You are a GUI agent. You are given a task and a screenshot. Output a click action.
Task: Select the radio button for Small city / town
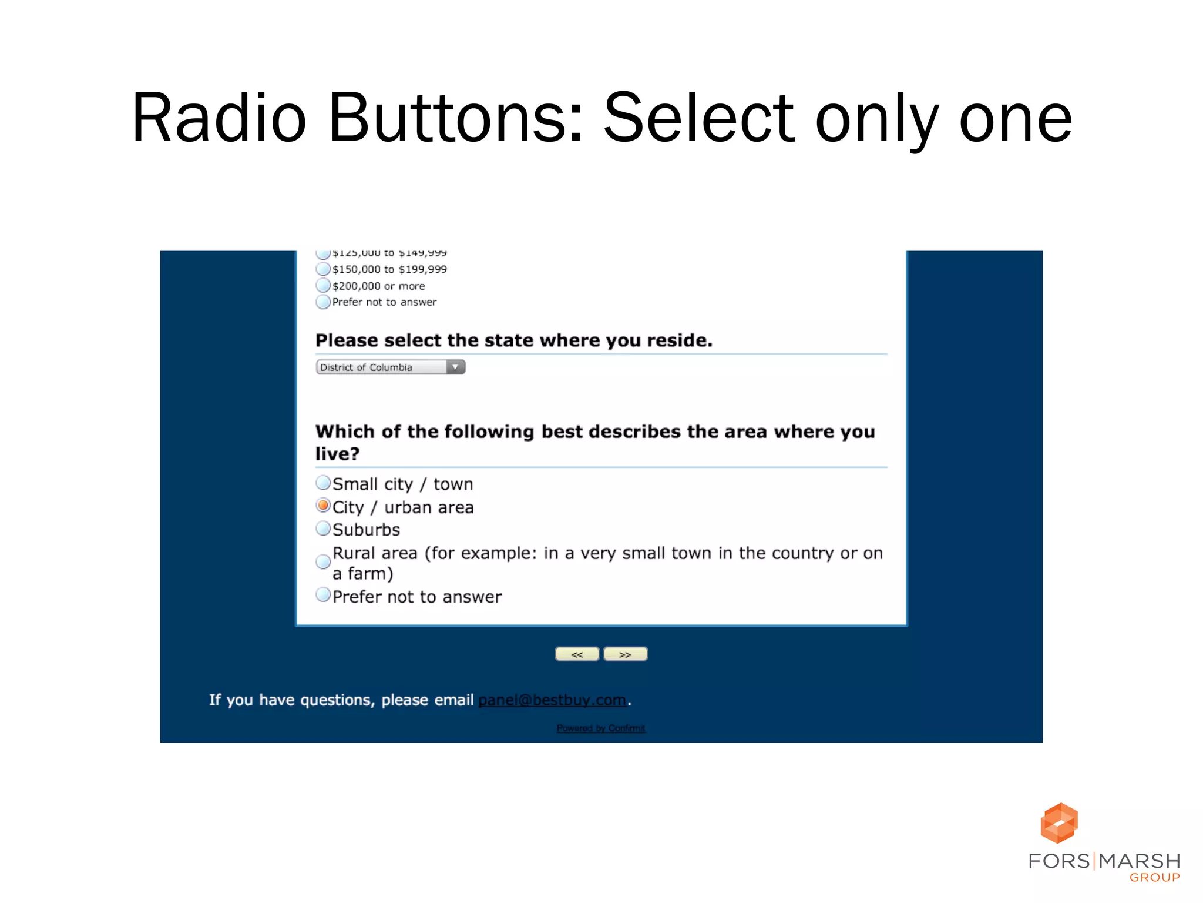click(323, 483)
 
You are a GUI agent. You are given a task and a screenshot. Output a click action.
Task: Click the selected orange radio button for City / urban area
click(323, 506)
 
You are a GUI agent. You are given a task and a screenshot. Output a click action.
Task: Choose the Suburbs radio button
click(323, 529)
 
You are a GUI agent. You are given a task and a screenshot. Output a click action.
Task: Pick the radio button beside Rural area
click(323, 562)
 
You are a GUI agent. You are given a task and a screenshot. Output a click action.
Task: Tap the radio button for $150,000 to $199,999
click(323, 269)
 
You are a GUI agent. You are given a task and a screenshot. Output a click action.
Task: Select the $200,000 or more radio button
click(323, 286)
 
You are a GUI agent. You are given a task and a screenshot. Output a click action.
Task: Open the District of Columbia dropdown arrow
click(455, 367)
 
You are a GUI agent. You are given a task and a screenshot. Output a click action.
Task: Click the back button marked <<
click(577, 654)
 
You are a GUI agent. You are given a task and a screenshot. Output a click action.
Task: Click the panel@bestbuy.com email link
click(552, 700)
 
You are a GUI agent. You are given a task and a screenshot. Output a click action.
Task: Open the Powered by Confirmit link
click(601, 728)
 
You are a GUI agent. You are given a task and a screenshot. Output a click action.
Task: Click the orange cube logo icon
click(1059, 823)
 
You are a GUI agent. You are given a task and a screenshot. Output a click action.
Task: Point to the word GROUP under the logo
click(1154, 878)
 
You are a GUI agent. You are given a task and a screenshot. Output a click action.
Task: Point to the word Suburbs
click(367, 530)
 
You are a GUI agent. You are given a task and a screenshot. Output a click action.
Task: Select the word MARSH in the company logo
click(1139, 861)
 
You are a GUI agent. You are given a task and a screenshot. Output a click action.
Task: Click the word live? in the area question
click(337, 454)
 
